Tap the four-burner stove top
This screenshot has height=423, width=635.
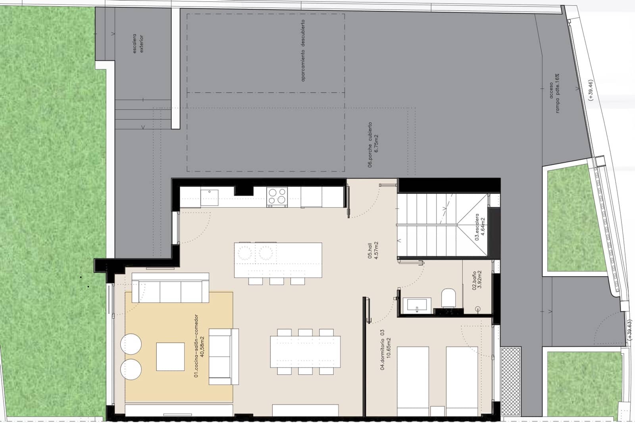(277, 197)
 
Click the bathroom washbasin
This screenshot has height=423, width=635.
(415, 305)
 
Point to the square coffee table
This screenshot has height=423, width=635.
(170, 356)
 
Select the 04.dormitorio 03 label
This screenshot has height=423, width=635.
(383, 349)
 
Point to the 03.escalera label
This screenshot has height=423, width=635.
(477, 227)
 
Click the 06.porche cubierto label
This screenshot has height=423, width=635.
(370, 144)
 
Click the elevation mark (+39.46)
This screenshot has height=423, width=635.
(591, 90)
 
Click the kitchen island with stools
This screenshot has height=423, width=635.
(278, 260)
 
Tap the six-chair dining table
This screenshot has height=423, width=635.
(305, 352)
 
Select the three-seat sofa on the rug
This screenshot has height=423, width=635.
(170, 287)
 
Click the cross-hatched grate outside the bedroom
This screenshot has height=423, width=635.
(510, 381)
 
